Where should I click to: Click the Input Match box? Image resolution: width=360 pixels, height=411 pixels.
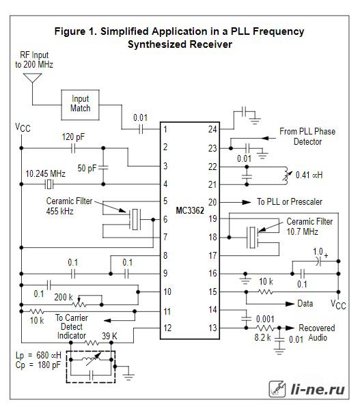point(80,105)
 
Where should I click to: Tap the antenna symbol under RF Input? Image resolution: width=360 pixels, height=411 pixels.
point(33,78)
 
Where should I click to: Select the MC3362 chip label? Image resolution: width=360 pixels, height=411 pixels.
point(190,210)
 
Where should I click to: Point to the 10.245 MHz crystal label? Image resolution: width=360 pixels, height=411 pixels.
point(45,173)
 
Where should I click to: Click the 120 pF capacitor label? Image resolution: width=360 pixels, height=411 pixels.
point(73,137)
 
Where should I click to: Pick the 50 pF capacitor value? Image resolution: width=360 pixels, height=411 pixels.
point(87,168)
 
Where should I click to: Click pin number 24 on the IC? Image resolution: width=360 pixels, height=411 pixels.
point(212,129)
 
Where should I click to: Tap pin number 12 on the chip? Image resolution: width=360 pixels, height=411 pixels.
point(167,328)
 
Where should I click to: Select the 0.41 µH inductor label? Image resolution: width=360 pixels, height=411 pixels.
point(309,175)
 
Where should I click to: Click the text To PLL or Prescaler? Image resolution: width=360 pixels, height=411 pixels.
point(290,201)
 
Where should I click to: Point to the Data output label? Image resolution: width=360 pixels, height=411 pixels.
point(305,304)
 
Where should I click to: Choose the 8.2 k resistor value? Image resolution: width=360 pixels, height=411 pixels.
point(262,337)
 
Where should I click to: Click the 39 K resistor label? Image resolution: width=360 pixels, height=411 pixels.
point(109,336)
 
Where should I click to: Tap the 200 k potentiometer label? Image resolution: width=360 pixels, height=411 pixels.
point(64,297)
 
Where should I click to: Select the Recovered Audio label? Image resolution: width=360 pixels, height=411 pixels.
point(317,332)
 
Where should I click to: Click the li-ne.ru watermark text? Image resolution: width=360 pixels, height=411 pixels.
point(318,389)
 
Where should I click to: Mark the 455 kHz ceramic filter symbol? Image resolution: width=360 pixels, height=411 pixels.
point(135,219)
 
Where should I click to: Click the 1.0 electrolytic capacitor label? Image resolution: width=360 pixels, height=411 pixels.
point(318,252)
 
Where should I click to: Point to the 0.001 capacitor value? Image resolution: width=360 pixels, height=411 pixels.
point(265,319)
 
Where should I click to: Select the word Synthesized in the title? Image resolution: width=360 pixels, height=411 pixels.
point(158,44)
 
